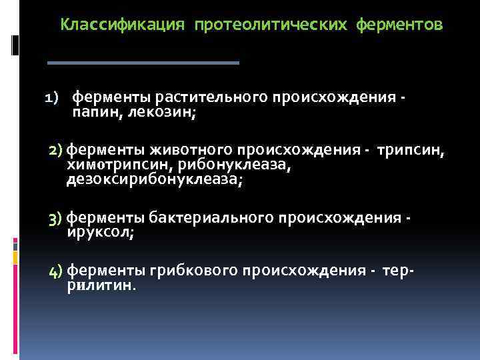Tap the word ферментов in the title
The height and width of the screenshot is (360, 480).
[399, 25]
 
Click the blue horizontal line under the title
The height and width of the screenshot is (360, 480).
[143, 63]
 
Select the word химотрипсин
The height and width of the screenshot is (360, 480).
[119, 165]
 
